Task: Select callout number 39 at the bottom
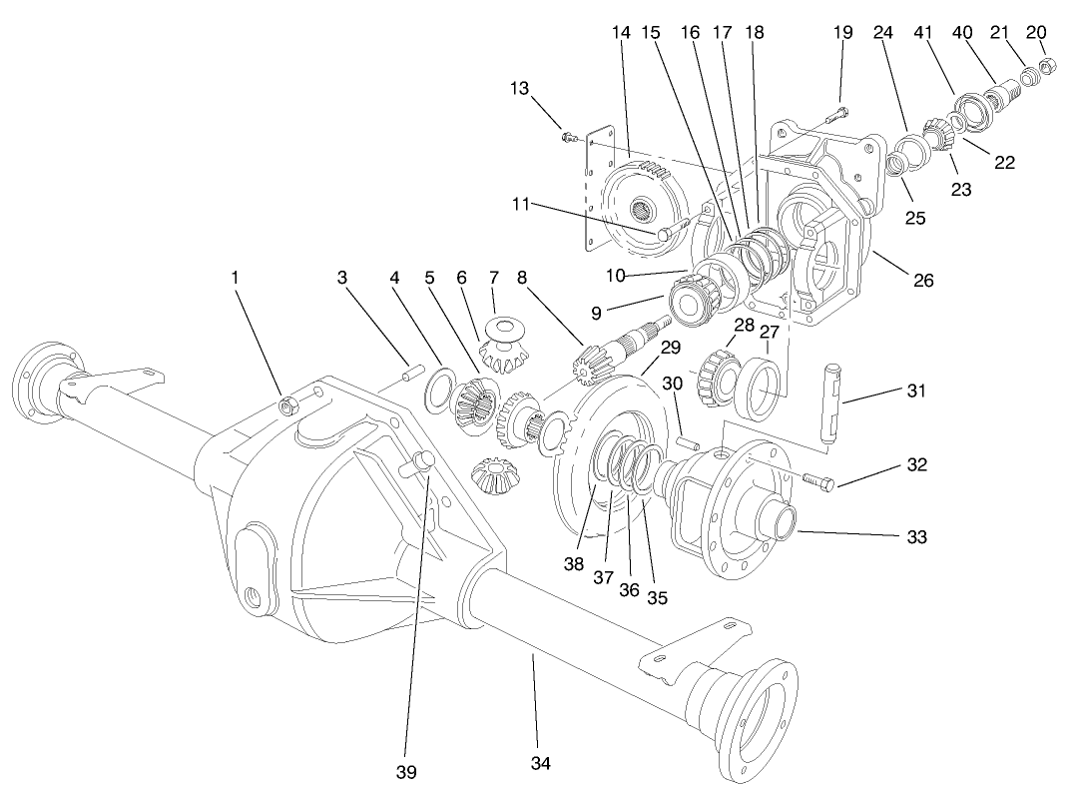[x=406, y=771]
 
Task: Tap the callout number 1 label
[x=236, y=278]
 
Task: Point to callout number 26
[x=923, y=281]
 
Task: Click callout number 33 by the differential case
[x=916, y=536]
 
